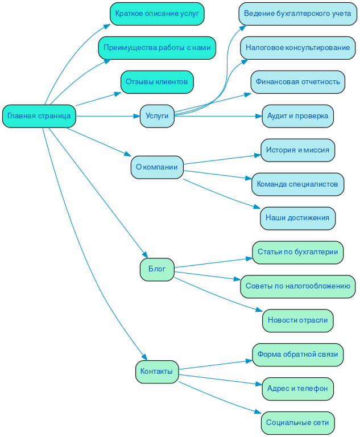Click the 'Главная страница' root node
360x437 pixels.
39,116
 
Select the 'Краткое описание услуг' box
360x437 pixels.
157,14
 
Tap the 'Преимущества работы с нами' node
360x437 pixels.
157,48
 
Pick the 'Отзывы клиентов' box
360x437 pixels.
157,82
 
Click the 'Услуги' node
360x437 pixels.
157,116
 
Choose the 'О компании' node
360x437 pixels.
157,167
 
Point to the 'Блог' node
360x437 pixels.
157,269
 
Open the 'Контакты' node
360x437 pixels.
157,372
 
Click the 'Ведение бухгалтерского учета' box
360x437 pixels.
297,14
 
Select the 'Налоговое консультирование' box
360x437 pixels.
297,48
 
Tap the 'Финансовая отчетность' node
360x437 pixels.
297,82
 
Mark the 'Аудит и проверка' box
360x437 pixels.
297,116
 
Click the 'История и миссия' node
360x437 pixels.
297,150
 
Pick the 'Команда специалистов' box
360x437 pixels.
297,184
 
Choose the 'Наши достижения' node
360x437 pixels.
297,218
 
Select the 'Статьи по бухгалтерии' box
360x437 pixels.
297,252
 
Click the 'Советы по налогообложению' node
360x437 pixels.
297,286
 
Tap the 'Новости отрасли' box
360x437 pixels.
297,320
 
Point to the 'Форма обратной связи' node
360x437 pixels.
297,354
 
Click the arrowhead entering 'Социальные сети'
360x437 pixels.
259,412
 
